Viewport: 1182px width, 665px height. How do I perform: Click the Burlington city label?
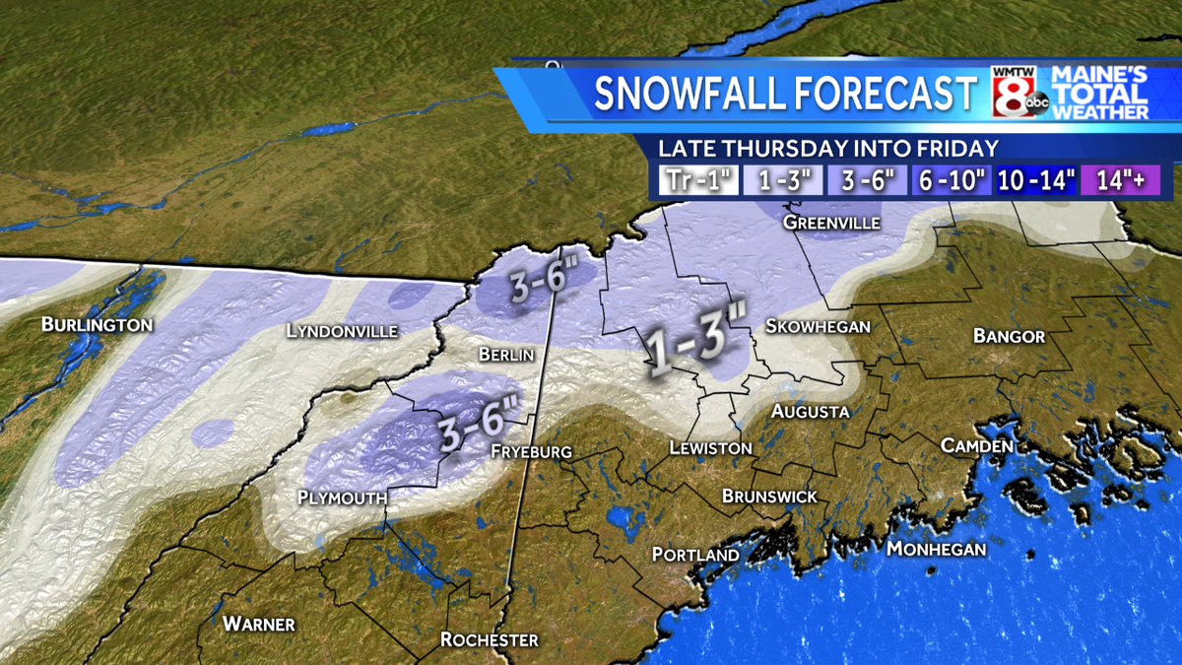point(97,325)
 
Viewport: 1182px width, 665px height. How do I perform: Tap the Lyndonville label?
point(342,331)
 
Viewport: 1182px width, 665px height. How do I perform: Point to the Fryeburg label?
point(531,451)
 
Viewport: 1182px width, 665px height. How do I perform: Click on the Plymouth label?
point(342,499)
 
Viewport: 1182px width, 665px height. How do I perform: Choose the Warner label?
point(258,624)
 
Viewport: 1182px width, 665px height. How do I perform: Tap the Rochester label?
point(489,640)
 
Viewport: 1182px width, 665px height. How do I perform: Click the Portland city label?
point(695,556)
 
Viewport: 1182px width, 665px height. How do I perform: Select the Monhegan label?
point(936,549)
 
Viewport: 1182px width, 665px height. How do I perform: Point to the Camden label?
point(976,446)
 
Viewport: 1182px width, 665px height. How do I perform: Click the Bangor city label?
point(1009,337)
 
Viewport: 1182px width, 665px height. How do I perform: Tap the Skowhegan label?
point(818,326)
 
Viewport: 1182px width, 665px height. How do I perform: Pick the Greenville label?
point(831,224)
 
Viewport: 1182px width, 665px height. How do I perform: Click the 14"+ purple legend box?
point(1120,180)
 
